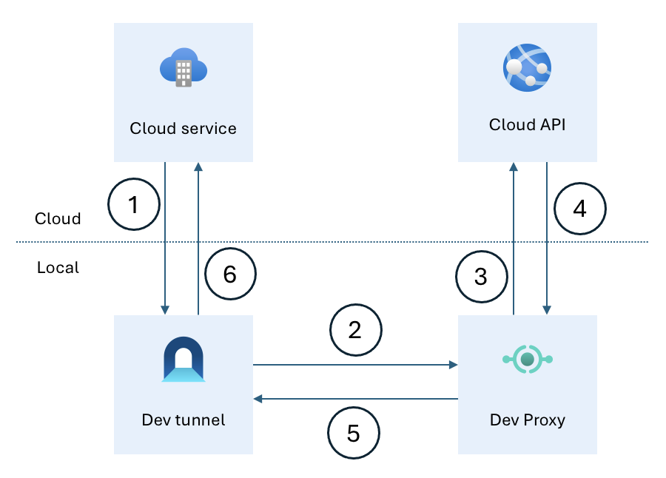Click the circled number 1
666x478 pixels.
tap(134, 205)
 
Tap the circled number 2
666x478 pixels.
tap(355, 329)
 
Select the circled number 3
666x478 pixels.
tap(481, 277)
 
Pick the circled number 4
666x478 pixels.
tap(579, 209)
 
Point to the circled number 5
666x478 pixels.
tap(354, 432)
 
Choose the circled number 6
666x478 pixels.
tap(229, 275)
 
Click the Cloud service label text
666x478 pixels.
tap(183, 128)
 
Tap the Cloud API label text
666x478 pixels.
tap(527, 124)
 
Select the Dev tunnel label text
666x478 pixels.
tap(183, 420)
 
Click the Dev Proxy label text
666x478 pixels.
tap(527, 420)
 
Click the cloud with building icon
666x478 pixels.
tap(183, 70)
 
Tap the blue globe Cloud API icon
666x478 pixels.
tap(527, 67)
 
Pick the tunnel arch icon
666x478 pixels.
tap(183, 360)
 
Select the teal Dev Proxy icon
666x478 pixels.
tap(527, 360)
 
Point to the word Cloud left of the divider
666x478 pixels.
tap(58, 219)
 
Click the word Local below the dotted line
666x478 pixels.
tap(58, 267)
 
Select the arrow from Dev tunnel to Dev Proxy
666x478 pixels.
tap(355, 365)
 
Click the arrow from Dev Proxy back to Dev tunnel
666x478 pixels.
tap(355, 399)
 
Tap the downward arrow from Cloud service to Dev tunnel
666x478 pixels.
tap(165, 237)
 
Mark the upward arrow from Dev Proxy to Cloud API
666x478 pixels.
tap(513, 237)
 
